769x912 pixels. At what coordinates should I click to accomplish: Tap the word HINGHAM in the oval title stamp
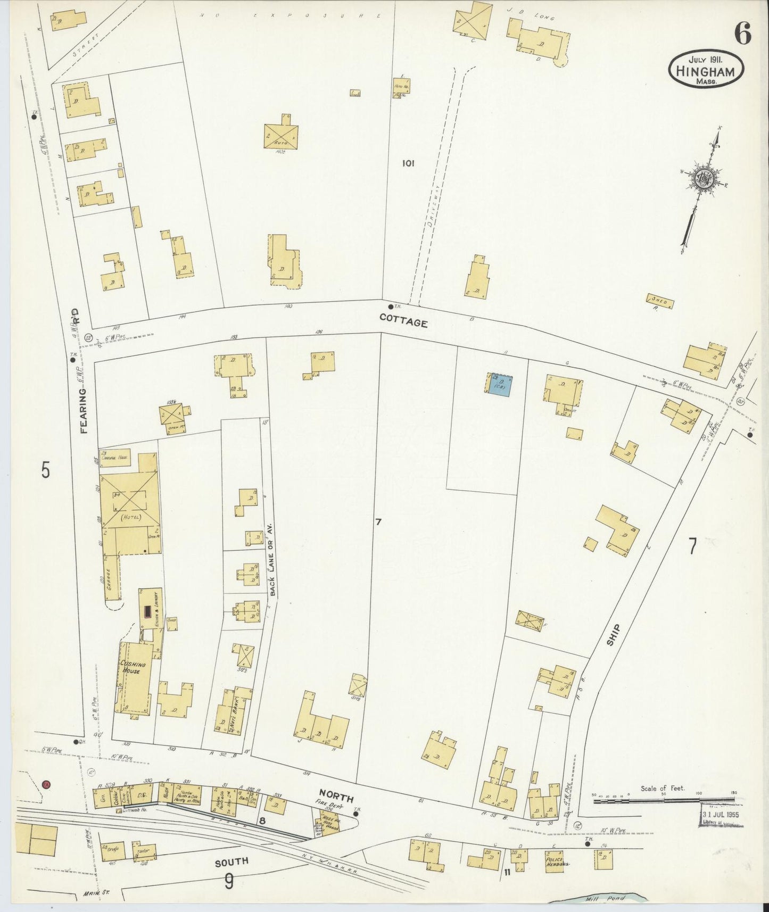(x=706, y=71)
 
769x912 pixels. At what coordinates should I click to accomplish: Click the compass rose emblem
(x=704, y=179)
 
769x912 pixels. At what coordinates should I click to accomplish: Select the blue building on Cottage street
(x=499, y=384)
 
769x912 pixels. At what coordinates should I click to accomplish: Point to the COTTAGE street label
(x=403, y=321)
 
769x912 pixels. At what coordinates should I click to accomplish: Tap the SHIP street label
(x=614, y=635)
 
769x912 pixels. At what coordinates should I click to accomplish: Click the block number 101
(x=408, y=163)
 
